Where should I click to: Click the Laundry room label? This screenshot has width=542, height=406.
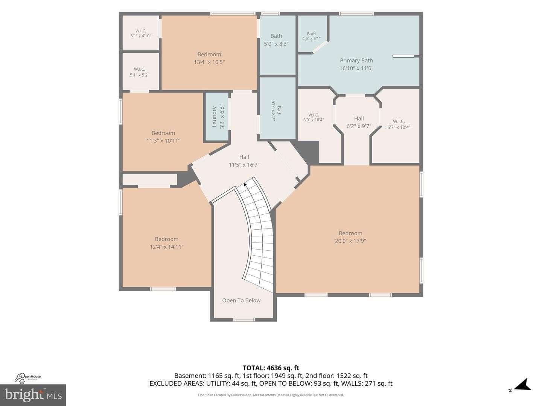[214, 117]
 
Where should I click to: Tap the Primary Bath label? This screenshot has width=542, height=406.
[356, 61]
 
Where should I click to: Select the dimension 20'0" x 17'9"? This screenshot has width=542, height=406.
[350, 241]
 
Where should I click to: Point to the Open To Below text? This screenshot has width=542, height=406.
[241, 300]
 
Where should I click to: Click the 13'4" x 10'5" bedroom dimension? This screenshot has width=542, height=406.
[209, 62]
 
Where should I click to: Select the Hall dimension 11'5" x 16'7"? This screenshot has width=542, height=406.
[244, 165]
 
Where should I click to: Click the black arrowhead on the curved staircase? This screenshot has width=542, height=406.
[245, 184]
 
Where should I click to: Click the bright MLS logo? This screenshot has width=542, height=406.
[33, 395]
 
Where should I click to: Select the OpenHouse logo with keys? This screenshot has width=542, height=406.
[27, 378]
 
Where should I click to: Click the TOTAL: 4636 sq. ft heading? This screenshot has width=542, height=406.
[271, 368]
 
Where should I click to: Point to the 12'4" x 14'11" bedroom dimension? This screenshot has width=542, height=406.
[167, 247]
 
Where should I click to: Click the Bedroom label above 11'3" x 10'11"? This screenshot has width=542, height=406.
[163, 133]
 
